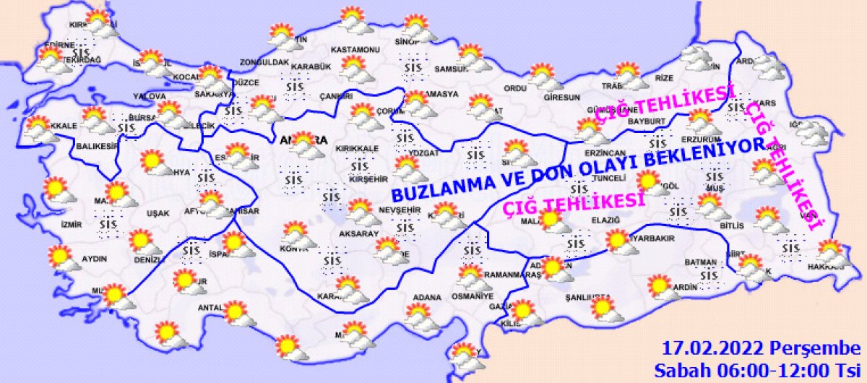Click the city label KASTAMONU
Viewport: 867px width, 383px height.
(355, 50)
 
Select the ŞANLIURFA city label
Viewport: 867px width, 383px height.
(588, 297)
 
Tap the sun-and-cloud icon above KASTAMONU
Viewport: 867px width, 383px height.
(353, 17)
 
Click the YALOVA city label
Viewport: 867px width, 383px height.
(150, 96)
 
